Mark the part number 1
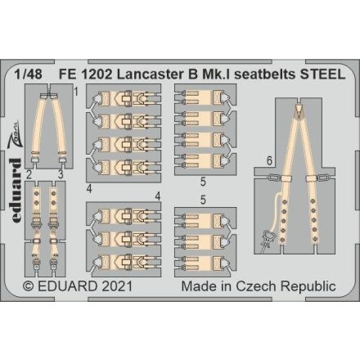pos(75,92)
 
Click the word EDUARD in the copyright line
pos(72,286)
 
